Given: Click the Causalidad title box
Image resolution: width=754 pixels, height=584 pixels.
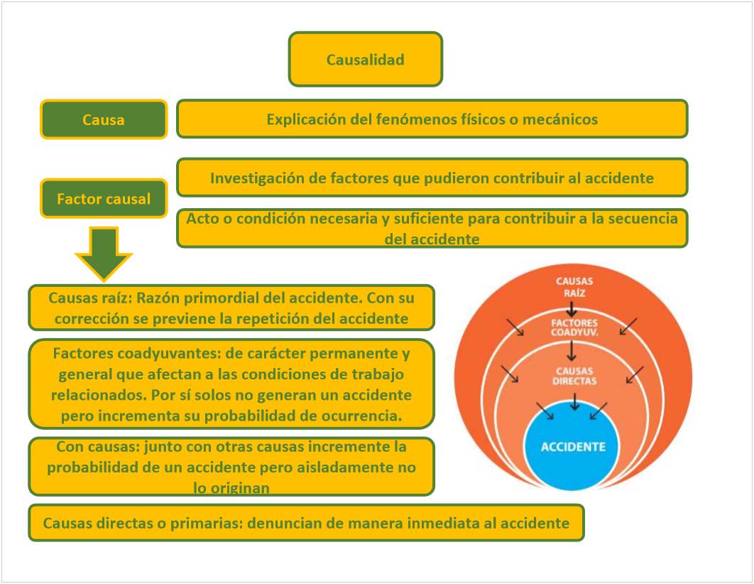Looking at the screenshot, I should [x=365, y=59].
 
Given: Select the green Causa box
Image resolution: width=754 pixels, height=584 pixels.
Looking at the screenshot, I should [x=104, y=119].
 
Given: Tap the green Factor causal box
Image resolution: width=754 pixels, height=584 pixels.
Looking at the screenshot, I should [x=104, y=198].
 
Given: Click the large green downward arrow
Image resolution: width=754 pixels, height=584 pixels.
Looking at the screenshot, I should [x=104, y=253].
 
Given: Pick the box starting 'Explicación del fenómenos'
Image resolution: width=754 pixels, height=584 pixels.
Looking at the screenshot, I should [x=432, y=119].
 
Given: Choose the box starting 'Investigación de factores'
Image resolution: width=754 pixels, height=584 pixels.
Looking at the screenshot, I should [x=432, y=178].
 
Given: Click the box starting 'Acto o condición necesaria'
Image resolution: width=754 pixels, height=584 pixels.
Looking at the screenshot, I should [x=432, y=228].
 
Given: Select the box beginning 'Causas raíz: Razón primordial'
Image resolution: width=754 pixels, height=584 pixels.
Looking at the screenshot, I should [x=231, y=308].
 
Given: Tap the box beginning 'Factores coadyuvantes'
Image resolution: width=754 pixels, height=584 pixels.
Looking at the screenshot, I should [x=231, y=384].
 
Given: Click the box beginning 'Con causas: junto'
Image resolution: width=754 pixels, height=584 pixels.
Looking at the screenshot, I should [x=231, y=466].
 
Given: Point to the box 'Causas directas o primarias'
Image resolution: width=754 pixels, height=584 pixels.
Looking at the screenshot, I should [x=306, y=523].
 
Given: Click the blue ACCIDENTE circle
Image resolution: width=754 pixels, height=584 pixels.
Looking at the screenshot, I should [x=574, y=447].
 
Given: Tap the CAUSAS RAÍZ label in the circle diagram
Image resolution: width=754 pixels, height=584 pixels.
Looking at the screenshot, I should [x=574, y=286].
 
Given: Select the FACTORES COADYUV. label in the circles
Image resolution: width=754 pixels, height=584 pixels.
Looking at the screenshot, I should [x=574, y=327].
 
